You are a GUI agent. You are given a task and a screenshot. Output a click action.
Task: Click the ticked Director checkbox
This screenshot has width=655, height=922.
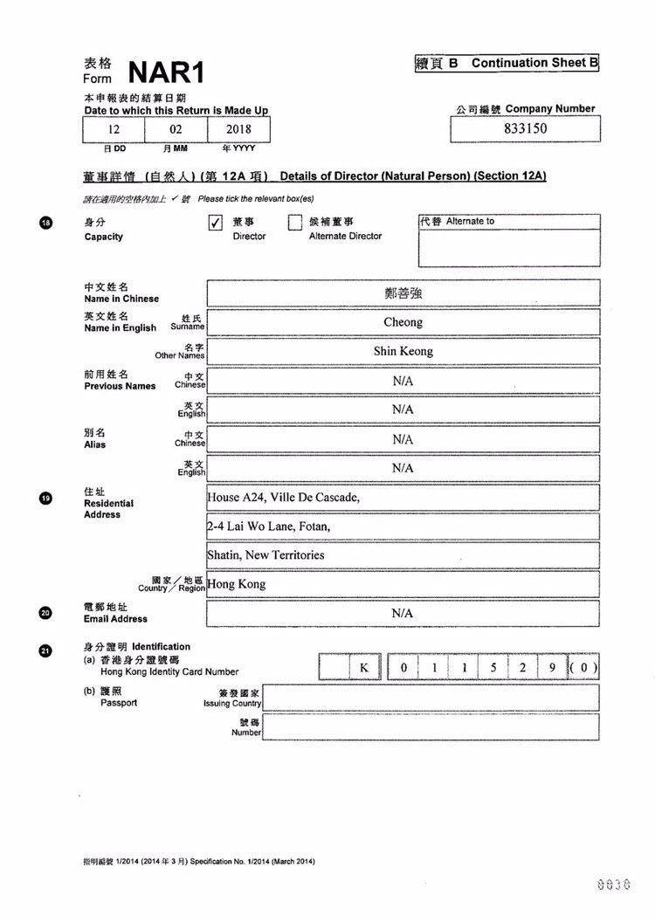[x=216, y=223]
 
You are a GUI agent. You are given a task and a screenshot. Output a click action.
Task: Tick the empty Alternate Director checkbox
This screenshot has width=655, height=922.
[x=295, y=223]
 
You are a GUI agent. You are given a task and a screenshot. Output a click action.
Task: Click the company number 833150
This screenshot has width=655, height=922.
[x=526, y=128]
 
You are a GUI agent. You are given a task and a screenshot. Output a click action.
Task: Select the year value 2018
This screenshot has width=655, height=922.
[x=238, y=128]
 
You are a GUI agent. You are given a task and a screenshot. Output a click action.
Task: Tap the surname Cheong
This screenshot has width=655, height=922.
[x=403, y=322]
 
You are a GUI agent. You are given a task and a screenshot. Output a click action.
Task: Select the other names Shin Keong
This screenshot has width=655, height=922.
[x=403, y=351]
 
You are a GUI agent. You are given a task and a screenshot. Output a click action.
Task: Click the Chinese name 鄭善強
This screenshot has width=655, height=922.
[x=403, y=293]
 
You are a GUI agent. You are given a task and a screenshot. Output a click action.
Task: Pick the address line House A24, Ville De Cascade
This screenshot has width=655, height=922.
[x=283, y=498]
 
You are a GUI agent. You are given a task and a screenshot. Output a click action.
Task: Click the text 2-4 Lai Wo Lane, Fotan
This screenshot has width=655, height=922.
[x=269, y=526]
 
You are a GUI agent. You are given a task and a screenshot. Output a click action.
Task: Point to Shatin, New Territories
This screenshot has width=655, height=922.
[x=265, y=555]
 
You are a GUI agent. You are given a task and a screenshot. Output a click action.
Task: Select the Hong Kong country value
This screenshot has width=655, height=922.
[x=237, y=584]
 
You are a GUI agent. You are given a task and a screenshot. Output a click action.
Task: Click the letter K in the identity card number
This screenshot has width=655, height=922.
[x=365, y=668]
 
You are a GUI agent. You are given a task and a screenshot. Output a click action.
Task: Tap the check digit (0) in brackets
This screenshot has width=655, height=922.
[x=583, y=668]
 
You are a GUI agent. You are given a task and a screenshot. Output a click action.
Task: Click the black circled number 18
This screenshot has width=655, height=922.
[x=46, y=224]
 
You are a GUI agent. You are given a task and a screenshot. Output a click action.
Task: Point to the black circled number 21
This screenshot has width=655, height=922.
[x=46, y=650]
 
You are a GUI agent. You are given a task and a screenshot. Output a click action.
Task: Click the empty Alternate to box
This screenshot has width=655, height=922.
[x=509, y=247]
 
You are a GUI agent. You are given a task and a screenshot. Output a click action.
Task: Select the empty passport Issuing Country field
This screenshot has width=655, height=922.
[x=431, y=698]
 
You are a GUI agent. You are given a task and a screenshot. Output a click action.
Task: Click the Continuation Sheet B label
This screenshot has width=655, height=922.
[x=507, y=63]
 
